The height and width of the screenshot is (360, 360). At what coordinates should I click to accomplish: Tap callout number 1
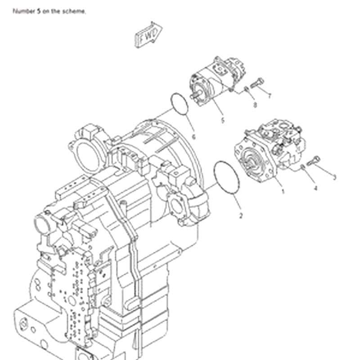(x=283, y=191)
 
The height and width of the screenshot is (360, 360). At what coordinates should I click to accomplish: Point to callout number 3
(x=334, y=177)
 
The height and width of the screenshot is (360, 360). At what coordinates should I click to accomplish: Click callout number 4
(x=315, y=189)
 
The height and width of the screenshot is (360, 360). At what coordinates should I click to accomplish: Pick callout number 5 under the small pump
(x=222, y=120)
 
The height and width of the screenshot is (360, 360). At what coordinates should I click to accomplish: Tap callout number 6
(x=193, y=136)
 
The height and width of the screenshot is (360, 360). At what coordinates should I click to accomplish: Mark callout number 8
(x=255, y=105)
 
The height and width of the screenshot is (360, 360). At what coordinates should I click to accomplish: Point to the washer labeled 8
(x=247, y=90)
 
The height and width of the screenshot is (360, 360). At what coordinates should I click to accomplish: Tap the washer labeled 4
(x=303, y=167)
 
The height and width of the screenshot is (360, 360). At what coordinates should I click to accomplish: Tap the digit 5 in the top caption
(x=37, y=11)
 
